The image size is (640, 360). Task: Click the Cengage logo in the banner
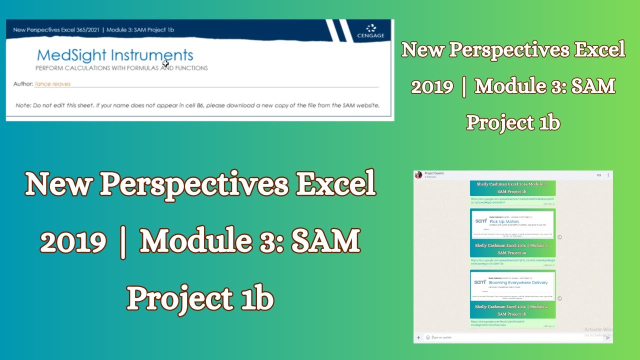(370, 31)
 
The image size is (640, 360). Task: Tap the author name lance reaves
(52, 84)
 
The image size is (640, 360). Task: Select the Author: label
(23, 84)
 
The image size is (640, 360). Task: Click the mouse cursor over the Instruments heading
(165, 63)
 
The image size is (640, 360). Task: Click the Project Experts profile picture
(418, 175)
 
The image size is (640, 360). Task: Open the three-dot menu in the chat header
(608, 175)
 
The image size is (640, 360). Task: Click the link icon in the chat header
(599, 175)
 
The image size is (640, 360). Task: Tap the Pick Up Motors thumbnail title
(504, 221)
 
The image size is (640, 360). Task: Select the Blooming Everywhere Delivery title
(518, 282)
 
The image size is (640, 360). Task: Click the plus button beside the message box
(418, 337)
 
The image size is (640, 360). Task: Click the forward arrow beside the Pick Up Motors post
(559, 237)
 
